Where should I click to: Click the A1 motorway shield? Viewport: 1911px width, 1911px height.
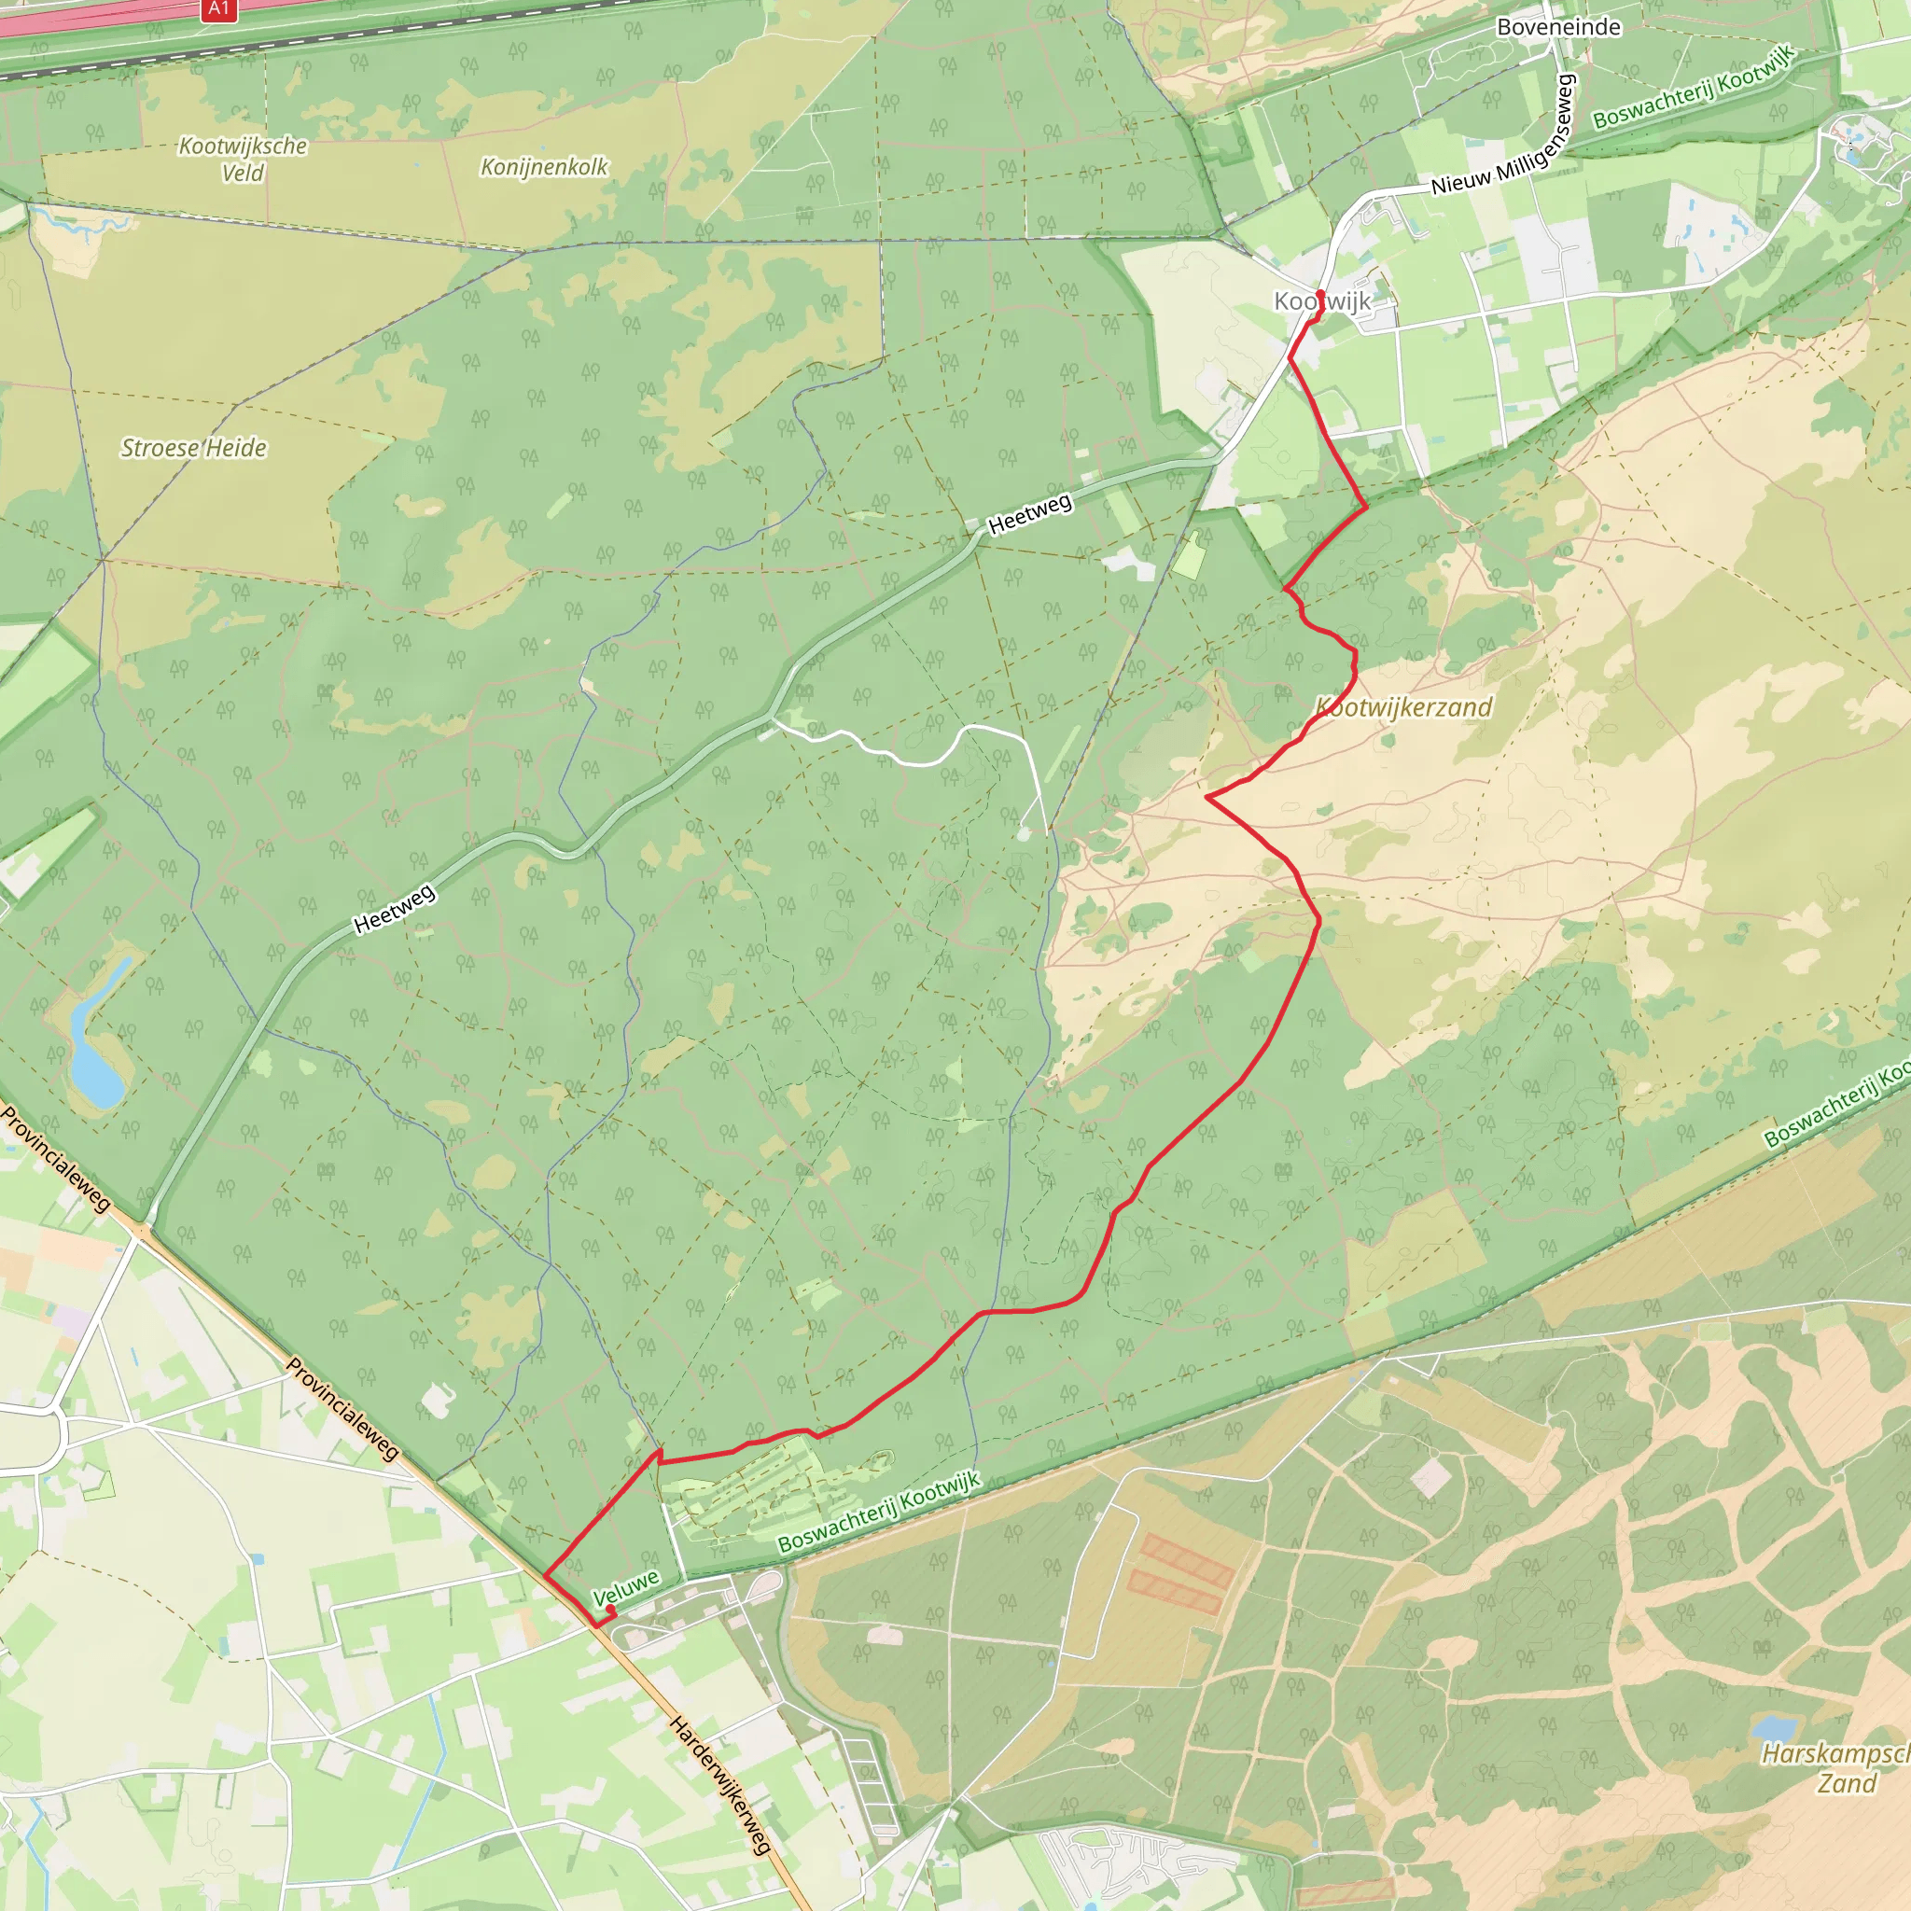[218, 9]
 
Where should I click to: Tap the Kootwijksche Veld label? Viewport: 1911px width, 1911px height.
[243, 160]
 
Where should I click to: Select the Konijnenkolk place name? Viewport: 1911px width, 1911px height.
[544, 167]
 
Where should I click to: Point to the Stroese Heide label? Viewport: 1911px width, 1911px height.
[194, 448]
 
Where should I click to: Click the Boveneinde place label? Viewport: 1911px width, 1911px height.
[1558, 27]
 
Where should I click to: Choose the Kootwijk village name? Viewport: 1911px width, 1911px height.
[1322, 301]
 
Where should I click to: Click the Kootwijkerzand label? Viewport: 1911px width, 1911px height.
[1403, 707]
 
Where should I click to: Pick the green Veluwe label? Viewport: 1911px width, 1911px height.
[625, 1587]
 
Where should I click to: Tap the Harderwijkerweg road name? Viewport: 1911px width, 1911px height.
[719, 1785]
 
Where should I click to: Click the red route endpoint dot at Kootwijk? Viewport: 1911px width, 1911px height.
[1320, 294]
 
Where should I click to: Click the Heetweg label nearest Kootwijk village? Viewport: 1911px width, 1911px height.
[1030, 514]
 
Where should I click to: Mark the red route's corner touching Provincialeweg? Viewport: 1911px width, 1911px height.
[545, 1575]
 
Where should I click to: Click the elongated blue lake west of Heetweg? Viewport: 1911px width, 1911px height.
[96, 1049]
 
